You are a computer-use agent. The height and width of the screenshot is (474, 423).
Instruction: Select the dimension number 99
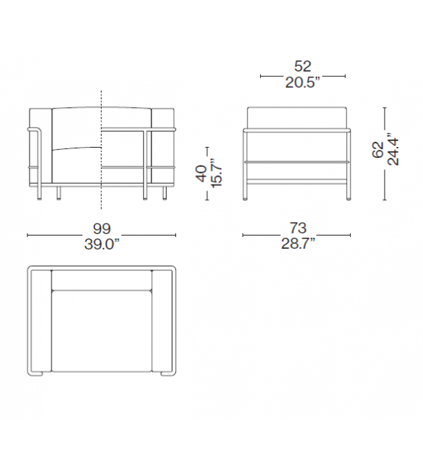click(101, 227)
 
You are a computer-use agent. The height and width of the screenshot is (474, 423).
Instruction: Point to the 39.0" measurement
click(101, 244)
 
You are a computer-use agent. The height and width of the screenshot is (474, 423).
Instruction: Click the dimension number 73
click(297, 227)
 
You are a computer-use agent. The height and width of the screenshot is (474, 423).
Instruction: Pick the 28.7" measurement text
click(297, 244)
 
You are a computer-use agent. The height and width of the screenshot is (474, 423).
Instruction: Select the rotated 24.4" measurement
click(394, 150)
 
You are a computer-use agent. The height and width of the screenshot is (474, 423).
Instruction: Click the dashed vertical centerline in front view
click(101, 148)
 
